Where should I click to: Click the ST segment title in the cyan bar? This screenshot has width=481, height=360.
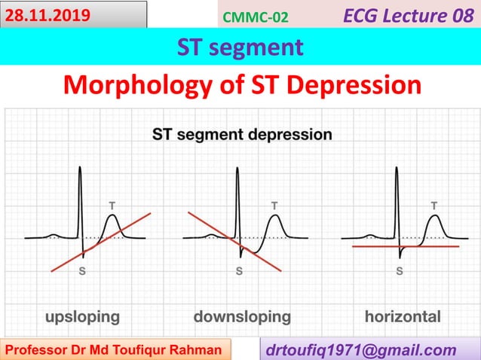pyautogui.click(x=240, y=47)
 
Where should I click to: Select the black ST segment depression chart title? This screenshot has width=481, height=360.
pyautogui.click(x=242, y=135)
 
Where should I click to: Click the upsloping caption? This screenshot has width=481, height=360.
pyautogui.click(x=82, y=316)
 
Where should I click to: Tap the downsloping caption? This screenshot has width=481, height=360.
pyautogui.click(x=242, y=316)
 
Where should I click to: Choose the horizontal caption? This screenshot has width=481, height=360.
pyautogui.click(x=403, y=316)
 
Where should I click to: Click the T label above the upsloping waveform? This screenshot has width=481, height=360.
pyautogui.click(x=112, y=204)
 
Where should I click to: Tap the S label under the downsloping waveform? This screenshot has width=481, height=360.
pyautogui.click(x=239, y=273)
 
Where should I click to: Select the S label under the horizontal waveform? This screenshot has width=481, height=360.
pyautogui.click(x=399, y=273)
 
